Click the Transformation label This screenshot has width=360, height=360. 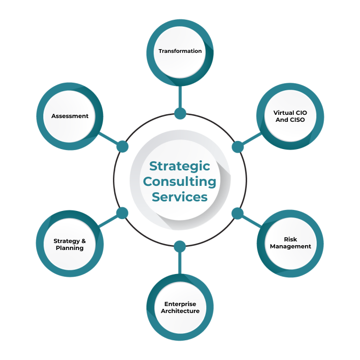coord(180,51)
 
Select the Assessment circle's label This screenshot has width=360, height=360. coord(69,116)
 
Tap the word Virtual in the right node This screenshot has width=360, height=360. coord(283,113)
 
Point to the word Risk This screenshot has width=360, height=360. coord(291,239)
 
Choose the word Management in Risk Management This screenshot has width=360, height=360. coord(291,247)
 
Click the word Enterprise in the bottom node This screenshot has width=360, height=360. coord(180,304)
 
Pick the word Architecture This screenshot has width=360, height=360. coord(180,311)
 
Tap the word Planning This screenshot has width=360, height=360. coord(69,248)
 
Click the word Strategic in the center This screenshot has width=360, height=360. coord(180,166)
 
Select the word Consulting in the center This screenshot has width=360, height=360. coord(180,182)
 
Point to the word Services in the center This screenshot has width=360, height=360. coord(180,197)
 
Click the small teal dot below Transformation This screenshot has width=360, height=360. coord(180,113)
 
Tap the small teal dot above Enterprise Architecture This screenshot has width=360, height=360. coord(180,246)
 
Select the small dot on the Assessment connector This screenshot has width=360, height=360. coord(122,146)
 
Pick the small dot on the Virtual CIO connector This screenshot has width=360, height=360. coord(238,146)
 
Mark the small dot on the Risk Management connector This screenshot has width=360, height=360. coord(238,214)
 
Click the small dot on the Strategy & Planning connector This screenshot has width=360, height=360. coord(122,213)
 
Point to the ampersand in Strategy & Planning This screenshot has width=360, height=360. coord(83,241)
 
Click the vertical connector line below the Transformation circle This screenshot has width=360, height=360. coord(180,96)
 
